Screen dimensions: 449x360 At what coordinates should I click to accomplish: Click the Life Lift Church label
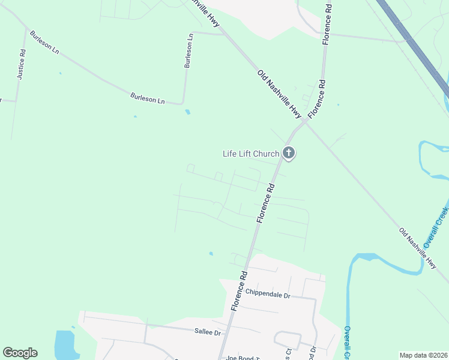250,154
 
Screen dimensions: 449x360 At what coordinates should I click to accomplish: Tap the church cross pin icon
289,153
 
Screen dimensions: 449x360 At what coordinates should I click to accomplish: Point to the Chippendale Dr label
268,295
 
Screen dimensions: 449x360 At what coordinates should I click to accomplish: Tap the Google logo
20,353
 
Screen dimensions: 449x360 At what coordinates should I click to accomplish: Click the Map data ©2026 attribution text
424,355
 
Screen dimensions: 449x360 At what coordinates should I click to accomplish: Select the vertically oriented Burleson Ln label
188,50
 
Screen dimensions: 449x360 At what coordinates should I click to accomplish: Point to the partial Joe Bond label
237,358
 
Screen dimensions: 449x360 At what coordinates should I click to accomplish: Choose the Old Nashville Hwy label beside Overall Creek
418,247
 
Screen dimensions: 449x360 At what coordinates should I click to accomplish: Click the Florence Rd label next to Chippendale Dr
238,291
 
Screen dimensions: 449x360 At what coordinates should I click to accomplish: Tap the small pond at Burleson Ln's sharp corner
188,112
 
